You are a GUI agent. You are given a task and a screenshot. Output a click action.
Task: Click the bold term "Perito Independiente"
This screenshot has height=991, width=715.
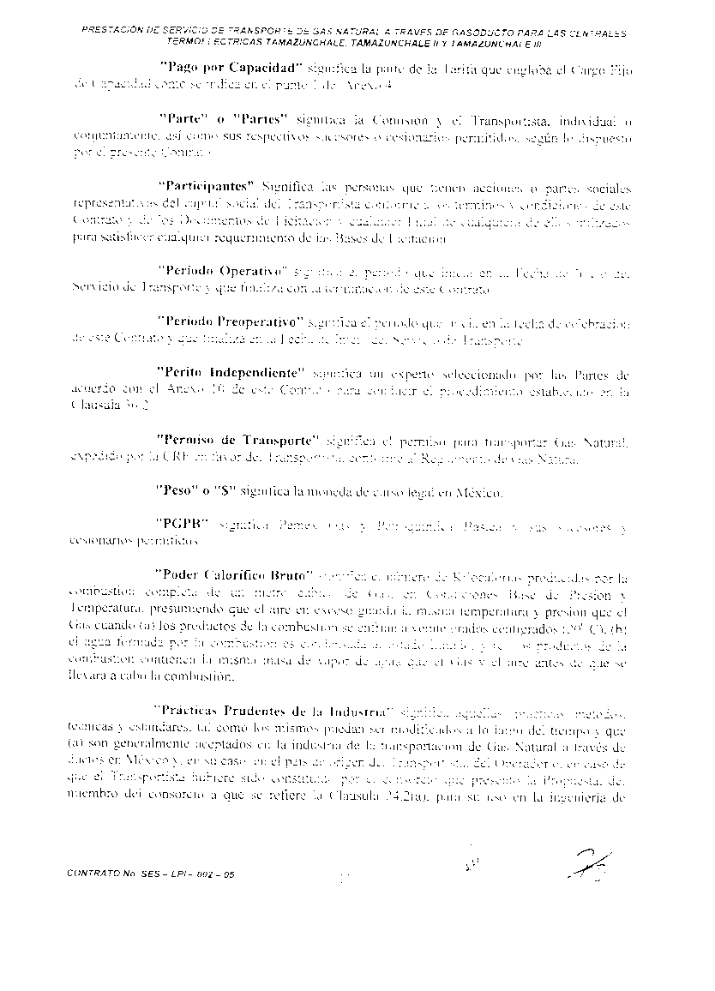(231, 374)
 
